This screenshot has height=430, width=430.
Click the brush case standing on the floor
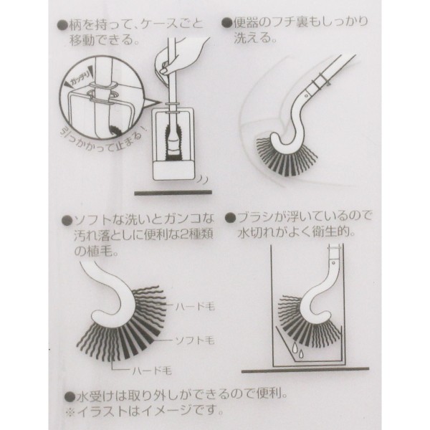click(x=173, y=143)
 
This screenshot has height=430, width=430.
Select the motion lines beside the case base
click(x=202, y=180)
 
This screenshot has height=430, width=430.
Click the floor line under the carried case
click(x=173, y=193)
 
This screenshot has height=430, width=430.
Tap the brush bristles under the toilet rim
click(x=285, y=155)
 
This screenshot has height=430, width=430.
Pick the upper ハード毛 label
click(x=195, y=307)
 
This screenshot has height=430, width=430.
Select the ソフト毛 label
click(x=195, y=340)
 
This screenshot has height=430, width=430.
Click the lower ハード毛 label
click(x=152, y=371)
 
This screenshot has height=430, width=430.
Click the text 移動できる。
click(x=104, y=41)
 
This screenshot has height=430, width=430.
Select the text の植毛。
click(x=96, y=252)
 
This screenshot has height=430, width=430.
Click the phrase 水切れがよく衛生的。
click(x=297, y=232)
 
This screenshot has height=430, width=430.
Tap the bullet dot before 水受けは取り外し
click(x=70, y=396)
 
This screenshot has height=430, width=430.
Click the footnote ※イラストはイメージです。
click(x=145, y=411)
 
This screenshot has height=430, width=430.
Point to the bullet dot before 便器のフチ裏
click(x=226, y=23)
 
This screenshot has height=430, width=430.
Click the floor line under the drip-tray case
click(x=305, y=371)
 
